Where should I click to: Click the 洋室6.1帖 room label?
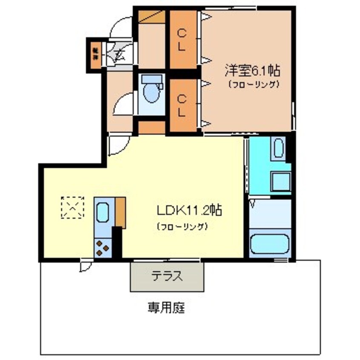[x=252, y=70]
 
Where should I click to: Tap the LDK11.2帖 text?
[x=189, y=210]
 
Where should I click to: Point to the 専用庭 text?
[x=166, y=307]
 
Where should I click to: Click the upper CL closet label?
[x=182, y=40]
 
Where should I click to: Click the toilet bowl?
[x=151, y=91]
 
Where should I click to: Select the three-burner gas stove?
[x=102, y=248]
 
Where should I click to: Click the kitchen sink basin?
[x=103, y=212]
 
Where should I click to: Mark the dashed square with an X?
[x=73, y=207]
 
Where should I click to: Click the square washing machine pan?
[x=281, y=182]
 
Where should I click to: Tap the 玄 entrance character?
[x=119, y=55]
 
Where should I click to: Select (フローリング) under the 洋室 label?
[x=254, y=84]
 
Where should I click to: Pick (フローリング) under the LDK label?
[x=182, y=226]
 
